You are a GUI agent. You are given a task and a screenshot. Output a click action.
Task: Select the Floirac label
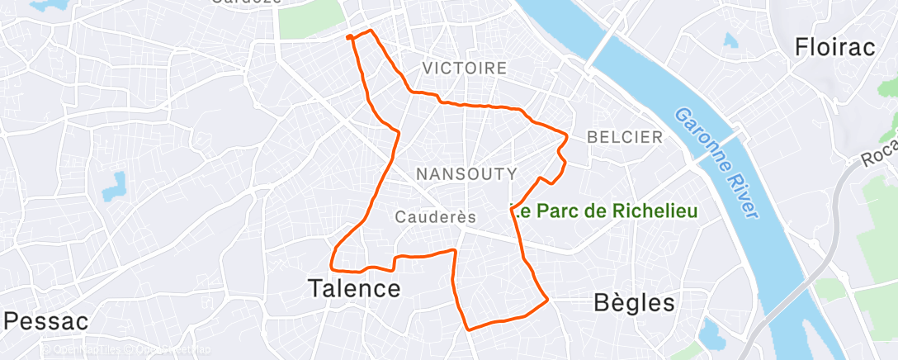(834, 47)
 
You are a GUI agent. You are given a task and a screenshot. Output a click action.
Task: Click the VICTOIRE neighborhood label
(464, 69)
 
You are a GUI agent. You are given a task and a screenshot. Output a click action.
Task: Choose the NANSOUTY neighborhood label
(466, 174)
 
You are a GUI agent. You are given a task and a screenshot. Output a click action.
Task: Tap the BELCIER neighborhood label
(625, 137)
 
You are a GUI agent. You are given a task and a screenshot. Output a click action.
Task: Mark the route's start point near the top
(349, 36)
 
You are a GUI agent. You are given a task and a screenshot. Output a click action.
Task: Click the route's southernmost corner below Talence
(470, 329)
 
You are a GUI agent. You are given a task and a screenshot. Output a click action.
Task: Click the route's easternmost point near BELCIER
(569, 135)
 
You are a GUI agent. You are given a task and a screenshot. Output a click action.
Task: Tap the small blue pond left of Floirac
(730, 39)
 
